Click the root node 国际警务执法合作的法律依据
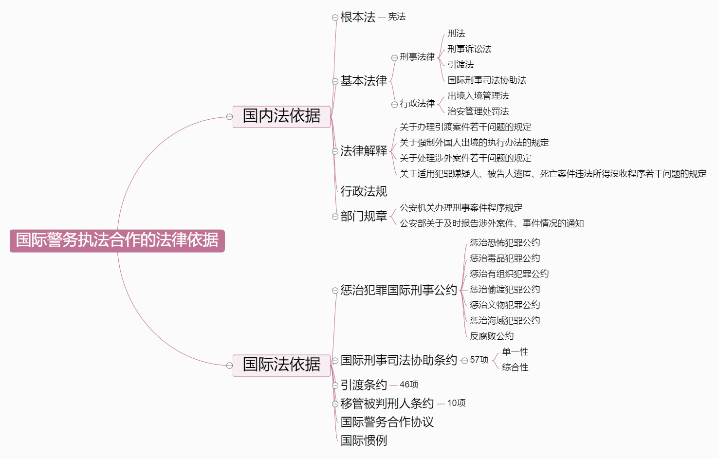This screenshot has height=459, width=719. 117,240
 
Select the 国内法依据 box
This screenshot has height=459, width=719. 281,116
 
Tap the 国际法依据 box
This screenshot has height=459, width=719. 281,365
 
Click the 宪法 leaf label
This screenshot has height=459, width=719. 397,17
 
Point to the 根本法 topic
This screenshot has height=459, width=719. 358,18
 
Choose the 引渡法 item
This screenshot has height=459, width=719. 461,65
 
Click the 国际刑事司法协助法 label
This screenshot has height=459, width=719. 487,80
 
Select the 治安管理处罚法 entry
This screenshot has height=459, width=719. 478,111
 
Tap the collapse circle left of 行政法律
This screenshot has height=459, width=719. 394,104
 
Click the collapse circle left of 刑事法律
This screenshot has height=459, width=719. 394,58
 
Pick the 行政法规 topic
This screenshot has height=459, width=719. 364,191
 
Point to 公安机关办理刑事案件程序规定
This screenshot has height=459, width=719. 461,208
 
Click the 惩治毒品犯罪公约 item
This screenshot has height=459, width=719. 505,258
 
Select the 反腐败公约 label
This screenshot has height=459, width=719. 492,336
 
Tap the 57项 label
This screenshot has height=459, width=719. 479,360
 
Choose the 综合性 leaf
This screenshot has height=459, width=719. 515,367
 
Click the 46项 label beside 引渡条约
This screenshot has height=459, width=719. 409,385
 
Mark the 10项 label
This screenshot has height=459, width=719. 456,403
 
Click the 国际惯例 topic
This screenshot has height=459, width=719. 364,441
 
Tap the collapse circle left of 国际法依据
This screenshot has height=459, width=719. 229,366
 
